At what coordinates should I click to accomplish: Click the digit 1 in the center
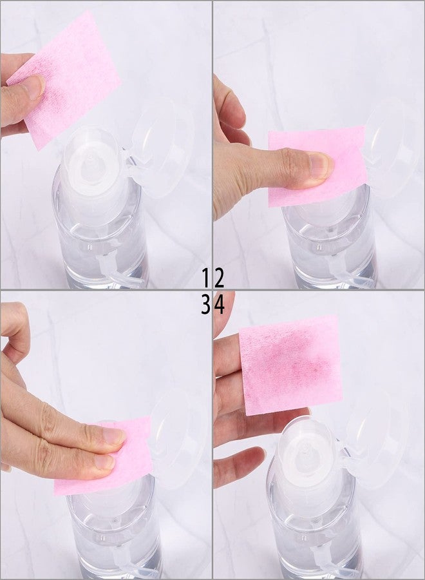pyautogui.click(x=206, y=278)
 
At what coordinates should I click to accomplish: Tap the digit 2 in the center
pyautogui.click(x=219, y=278)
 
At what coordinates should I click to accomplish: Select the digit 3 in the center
pyautogui.click(x=206, y=305)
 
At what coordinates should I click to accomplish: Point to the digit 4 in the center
pyautogui.click(x=219, y=305)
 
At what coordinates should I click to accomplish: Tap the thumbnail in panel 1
pyautogui.click(x=33, y=87)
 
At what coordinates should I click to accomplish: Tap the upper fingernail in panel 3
pyautogui.click(x=113, y=436)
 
